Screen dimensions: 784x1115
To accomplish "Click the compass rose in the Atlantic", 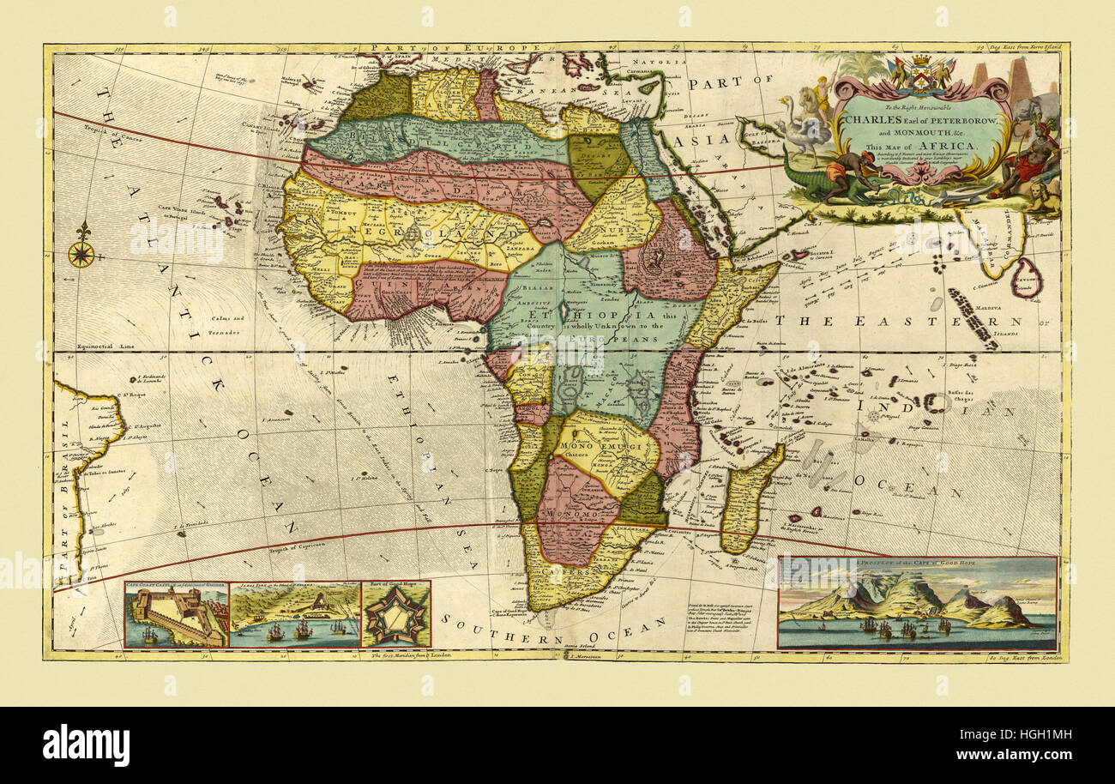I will point(81,254).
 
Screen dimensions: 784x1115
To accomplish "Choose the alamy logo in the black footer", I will point(86,745).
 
